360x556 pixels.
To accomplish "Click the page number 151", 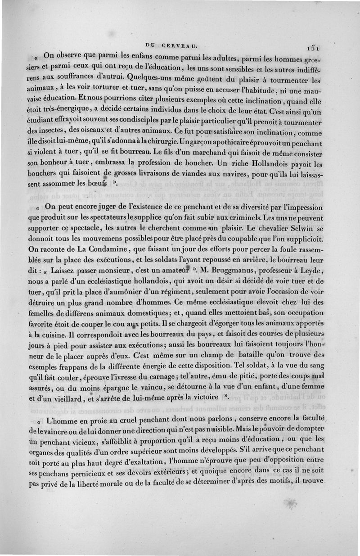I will (311, 47).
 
